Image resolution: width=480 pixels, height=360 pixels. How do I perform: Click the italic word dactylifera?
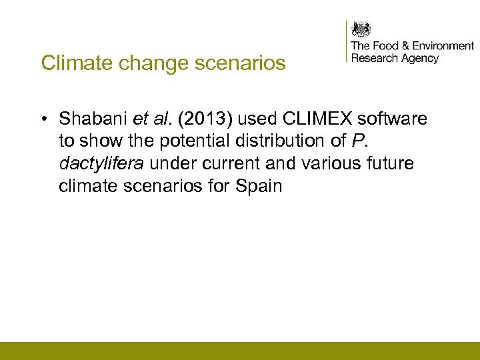point(101,164)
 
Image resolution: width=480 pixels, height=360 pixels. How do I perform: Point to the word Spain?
point(259,186)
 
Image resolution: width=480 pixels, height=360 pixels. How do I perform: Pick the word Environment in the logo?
point(443,46)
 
